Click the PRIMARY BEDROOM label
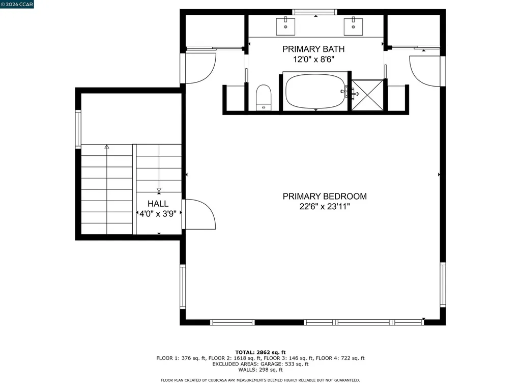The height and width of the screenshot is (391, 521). pyautogui.click(x=324, y=196)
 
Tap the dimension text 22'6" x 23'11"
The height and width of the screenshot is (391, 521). pyautogui.click(x=324, y=207)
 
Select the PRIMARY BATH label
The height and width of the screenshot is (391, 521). pyautogui.click(x=313, y=49)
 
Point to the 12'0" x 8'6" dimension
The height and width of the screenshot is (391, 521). pyautogui.click(x=313, y=60)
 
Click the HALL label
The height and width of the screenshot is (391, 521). pyautogui.click(x=158, y=204)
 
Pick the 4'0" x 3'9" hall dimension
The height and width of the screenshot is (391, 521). pyautogui.click(x=158, y=214)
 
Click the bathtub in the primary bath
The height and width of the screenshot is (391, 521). pyautogui.click(x=315, y=92)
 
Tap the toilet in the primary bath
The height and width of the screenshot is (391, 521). pyautogui.click(x=263, y=96)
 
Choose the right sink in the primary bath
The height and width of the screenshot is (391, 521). pyautogui.click(x=352, y=24)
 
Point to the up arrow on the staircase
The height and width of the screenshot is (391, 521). pyautogui.click(x=106, y=147)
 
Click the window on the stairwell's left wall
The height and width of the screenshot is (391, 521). pyautogui.click(x=78, y=129)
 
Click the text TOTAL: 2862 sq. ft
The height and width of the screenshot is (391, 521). pyautogui.click(x=260, y=352)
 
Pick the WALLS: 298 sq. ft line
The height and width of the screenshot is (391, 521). pyautogui.click(x=260, y=370)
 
